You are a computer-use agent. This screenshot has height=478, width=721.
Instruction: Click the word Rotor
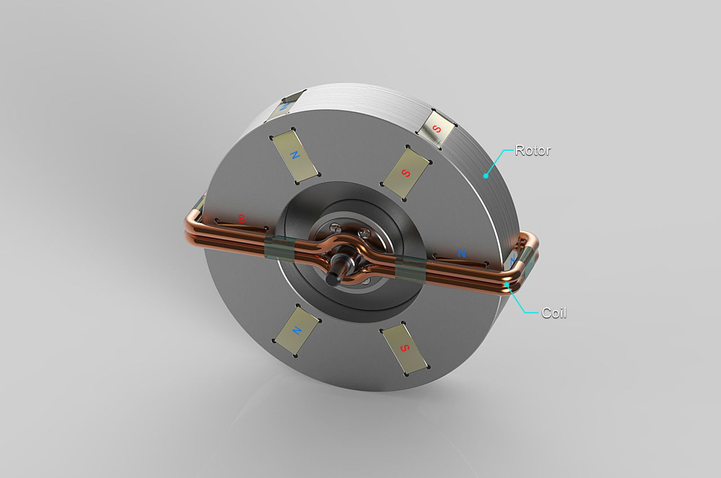point(533,150)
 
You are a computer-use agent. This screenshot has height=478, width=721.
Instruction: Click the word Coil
point(554,313)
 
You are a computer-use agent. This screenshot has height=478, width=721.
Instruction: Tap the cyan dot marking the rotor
point(486,176)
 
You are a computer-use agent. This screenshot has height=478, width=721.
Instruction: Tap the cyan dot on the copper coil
point(506,284)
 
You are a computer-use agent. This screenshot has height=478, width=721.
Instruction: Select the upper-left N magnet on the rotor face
point(295,156)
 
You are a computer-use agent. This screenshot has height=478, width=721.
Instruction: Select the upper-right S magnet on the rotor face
point(406,173)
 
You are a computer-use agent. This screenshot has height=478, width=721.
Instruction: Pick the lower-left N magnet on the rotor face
point(296,330)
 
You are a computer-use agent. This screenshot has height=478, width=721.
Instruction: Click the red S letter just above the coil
point(242,219)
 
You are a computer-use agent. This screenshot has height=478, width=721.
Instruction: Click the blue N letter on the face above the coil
point(461,253)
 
